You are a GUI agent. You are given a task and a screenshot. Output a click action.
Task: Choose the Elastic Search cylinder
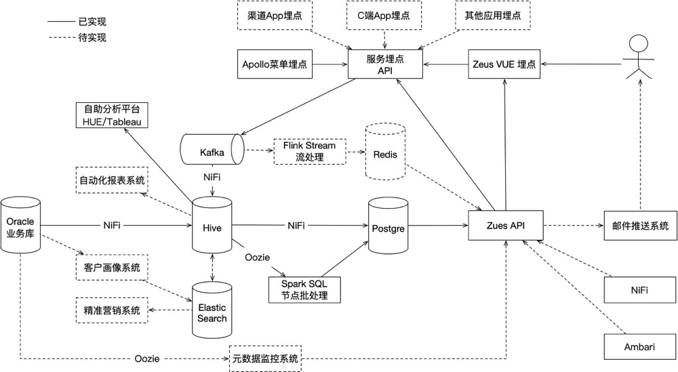212,312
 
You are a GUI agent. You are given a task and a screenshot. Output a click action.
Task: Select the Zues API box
506,225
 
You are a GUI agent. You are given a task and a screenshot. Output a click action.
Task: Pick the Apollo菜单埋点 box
275,65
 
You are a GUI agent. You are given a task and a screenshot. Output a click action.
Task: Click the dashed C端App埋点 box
384,14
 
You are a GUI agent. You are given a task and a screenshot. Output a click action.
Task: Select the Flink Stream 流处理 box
309,152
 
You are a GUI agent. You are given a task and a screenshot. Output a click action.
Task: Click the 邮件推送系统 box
640,225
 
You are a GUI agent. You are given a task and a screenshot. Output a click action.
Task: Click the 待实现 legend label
92,38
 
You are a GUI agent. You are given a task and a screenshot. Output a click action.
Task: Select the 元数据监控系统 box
264,358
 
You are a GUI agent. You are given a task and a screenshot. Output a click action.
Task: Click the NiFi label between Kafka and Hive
212,178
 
